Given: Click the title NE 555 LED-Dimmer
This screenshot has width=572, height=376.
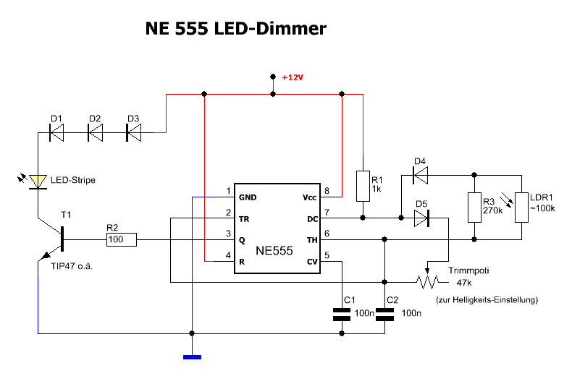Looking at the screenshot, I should [236, 29].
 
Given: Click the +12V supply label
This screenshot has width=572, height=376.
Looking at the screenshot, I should [293, 77].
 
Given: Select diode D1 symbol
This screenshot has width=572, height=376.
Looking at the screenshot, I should [56, 132].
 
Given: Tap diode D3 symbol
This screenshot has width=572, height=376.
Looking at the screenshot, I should [133, 132].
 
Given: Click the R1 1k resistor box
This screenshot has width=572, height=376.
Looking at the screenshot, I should [361, 185].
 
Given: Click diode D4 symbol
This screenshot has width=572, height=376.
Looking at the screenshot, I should [419, 174].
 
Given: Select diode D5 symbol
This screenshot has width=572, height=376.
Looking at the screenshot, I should [420, 216].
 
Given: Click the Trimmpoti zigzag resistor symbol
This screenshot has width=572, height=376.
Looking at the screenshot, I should [428, 281].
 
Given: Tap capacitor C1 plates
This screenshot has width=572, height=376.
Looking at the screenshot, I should [341, 315].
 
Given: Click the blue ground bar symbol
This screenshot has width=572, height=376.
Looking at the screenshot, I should [192, 356].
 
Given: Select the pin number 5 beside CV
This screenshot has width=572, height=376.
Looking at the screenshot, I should [327, 254].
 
